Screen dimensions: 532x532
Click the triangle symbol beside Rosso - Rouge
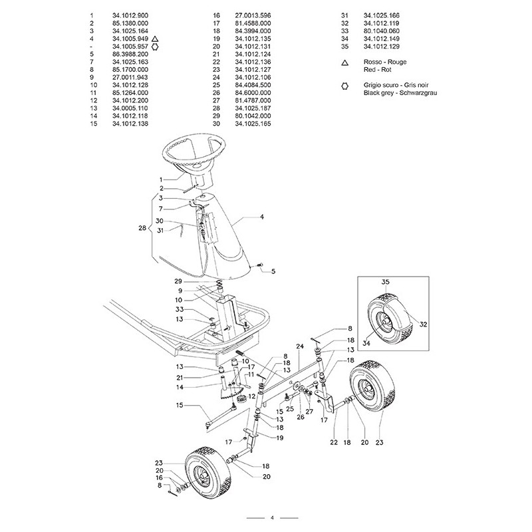click(x=345, y=62)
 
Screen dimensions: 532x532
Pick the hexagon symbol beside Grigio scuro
click(x=345, y=86)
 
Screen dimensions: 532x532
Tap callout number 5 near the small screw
click(x=271, y=271)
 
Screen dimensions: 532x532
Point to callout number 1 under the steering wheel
click(x=161, y=180)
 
